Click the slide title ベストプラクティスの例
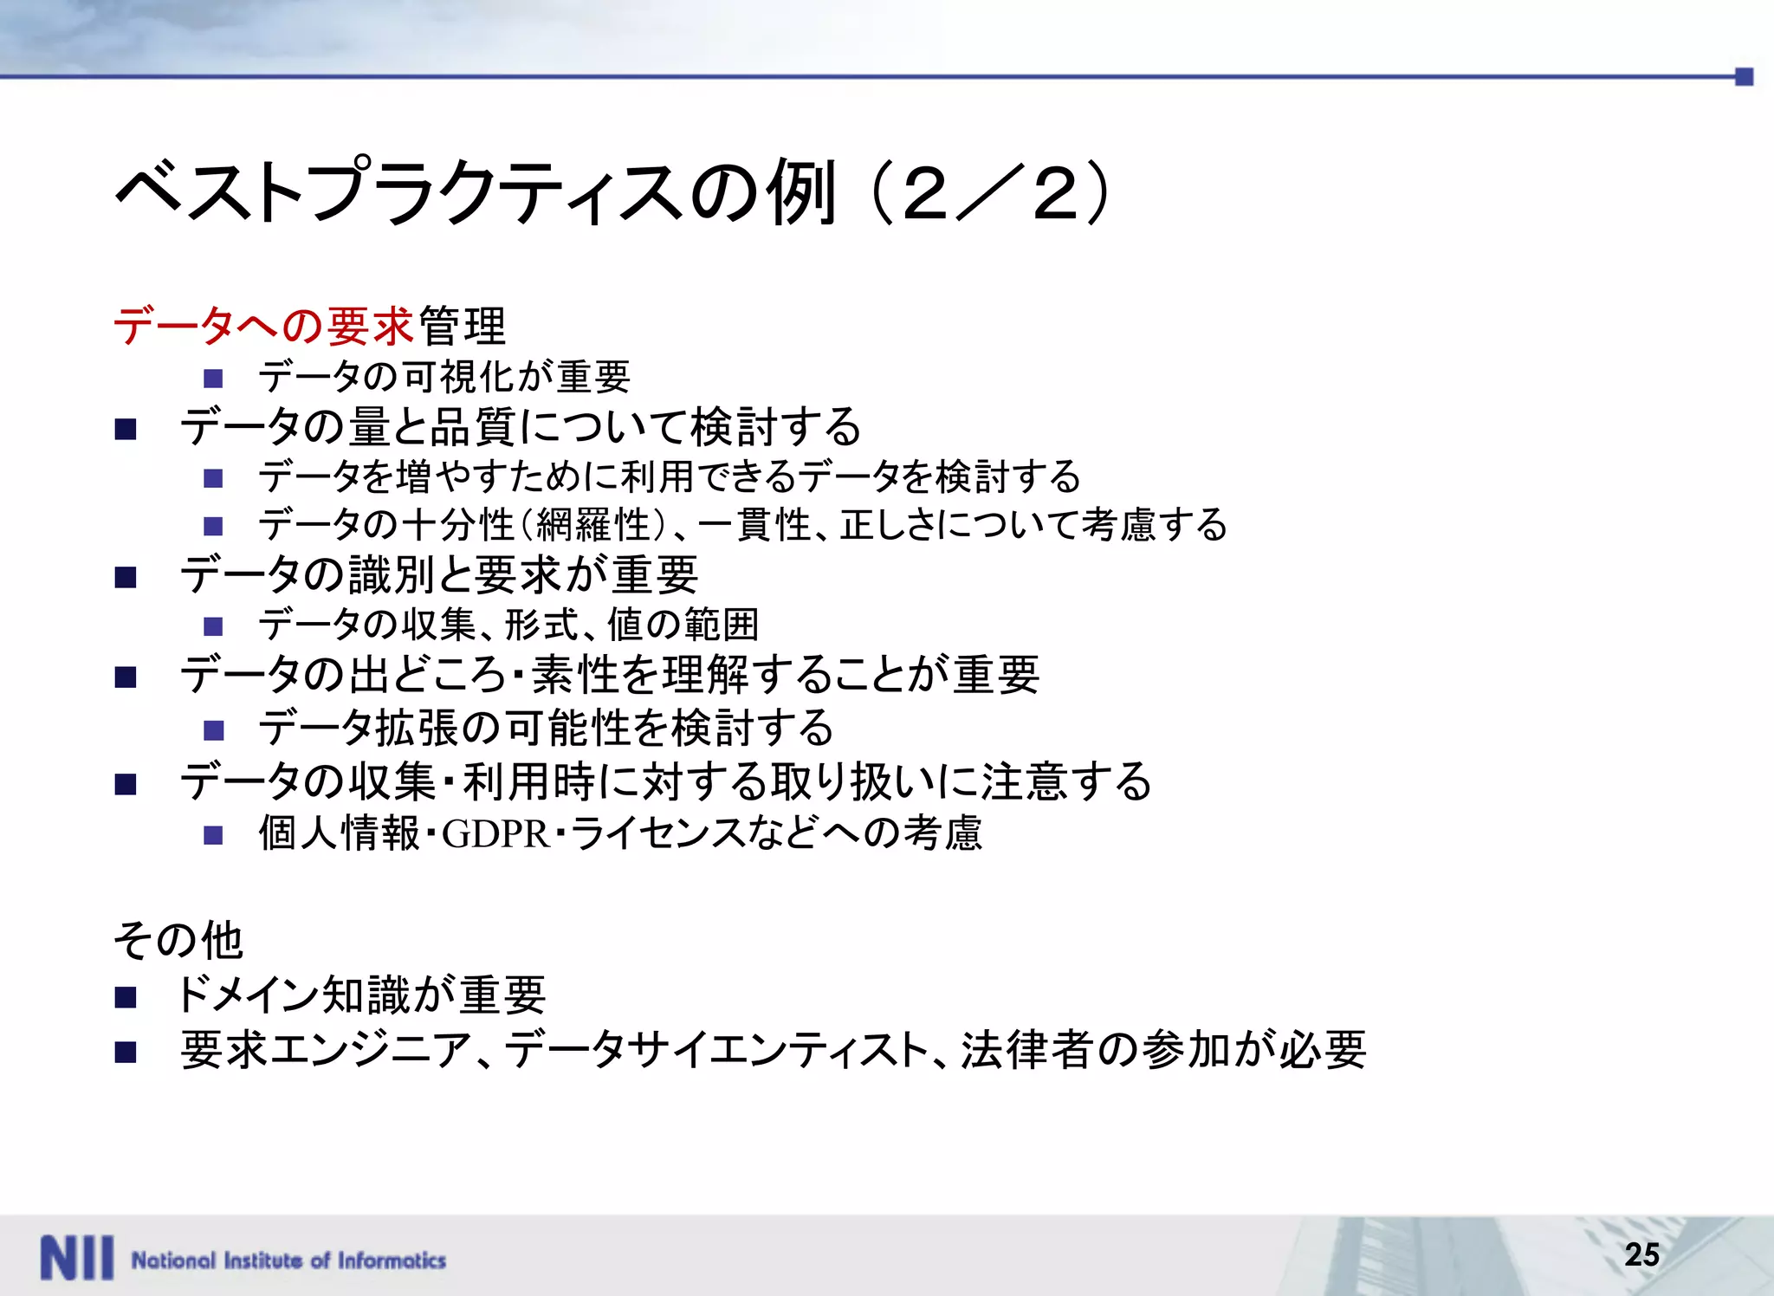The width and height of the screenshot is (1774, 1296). tap(476, 192)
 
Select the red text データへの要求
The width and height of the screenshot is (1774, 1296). tap(263, 327)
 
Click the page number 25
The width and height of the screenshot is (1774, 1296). tap(1641, 1254)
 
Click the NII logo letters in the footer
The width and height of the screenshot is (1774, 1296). tap(76, 1258)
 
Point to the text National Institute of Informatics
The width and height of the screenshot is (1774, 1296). tap(288, 1260)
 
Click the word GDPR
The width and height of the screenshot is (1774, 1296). tap(495, 834)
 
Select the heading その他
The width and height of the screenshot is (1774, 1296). tap(178, 940)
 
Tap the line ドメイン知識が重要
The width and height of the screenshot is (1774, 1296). tap(360, 995)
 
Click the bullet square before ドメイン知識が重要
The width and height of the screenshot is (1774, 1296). tap(126, 998)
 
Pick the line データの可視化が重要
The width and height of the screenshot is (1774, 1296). tap(444, 377)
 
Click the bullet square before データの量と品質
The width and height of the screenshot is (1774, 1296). tap(126, 429)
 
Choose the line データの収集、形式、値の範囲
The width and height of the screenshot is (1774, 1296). tap(508, 625)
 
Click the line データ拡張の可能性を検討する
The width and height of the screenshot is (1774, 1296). tap(546, 728)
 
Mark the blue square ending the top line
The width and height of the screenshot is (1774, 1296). tap(1745, 77)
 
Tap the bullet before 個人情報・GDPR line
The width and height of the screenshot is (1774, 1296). tap(213, 835)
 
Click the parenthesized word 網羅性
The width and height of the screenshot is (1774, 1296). tap(593, 525)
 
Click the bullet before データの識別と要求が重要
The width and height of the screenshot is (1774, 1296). tap(126, 578)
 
